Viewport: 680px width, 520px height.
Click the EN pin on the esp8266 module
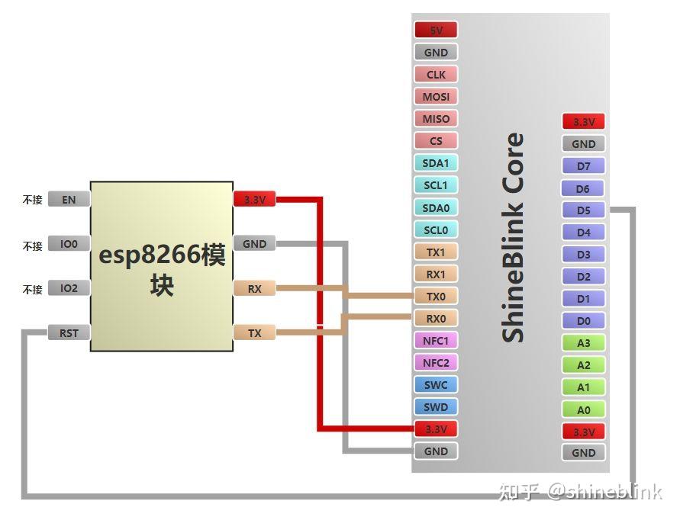pos(69,199)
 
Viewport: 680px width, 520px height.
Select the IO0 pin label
pos(69,244)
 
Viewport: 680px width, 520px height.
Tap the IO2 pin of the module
pos(69,288)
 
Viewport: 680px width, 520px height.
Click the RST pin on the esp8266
pos(69,332)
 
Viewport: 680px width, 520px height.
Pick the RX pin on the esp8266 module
pos(255,289)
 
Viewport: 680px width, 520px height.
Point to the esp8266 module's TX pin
pos(255,332)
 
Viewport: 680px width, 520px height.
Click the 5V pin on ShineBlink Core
pos(436,30)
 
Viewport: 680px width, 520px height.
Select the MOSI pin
pos(436,96)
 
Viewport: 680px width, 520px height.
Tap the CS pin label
pos(436,141)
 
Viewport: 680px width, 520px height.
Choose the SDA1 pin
pos(436,163)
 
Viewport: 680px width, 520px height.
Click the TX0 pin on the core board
pos(436,296)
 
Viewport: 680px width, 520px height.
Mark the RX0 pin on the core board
pos(436,319)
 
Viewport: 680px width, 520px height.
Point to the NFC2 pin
pos(436,363)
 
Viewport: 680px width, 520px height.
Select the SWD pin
pos(436,407)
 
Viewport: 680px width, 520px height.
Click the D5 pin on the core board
pos(583,210)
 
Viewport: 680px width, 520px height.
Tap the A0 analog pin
pos(583,409)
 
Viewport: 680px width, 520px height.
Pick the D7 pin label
pos(583,166)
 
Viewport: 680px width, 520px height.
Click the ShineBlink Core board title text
pos(513,237)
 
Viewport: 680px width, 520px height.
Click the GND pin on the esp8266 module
pos(255,244)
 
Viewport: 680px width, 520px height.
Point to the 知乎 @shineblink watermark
pos(580,491)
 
